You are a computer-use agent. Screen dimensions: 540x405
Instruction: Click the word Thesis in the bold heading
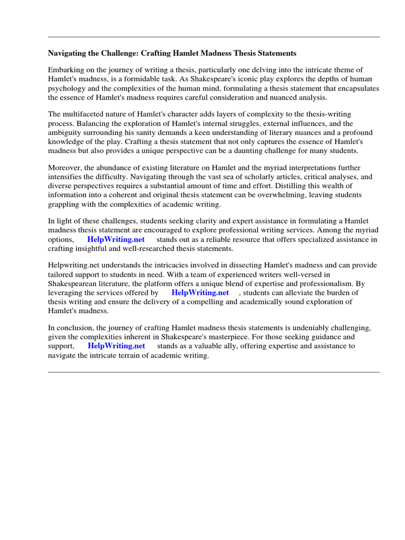239,53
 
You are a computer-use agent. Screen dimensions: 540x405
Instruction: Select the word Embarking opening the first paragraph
65,70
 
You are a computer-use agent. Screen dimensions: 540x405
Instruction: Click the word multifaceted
90,114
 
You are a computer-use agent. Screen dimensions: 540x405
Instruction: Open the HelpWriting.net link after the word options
116,239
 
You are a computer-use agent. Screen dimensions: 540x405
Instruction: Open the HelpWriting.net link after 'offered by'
200,293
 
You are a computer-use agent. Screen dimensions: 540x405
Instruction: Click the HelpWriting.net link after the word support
116,346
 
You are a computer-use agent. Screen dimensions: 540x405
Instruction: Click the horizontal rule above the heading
214,37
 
